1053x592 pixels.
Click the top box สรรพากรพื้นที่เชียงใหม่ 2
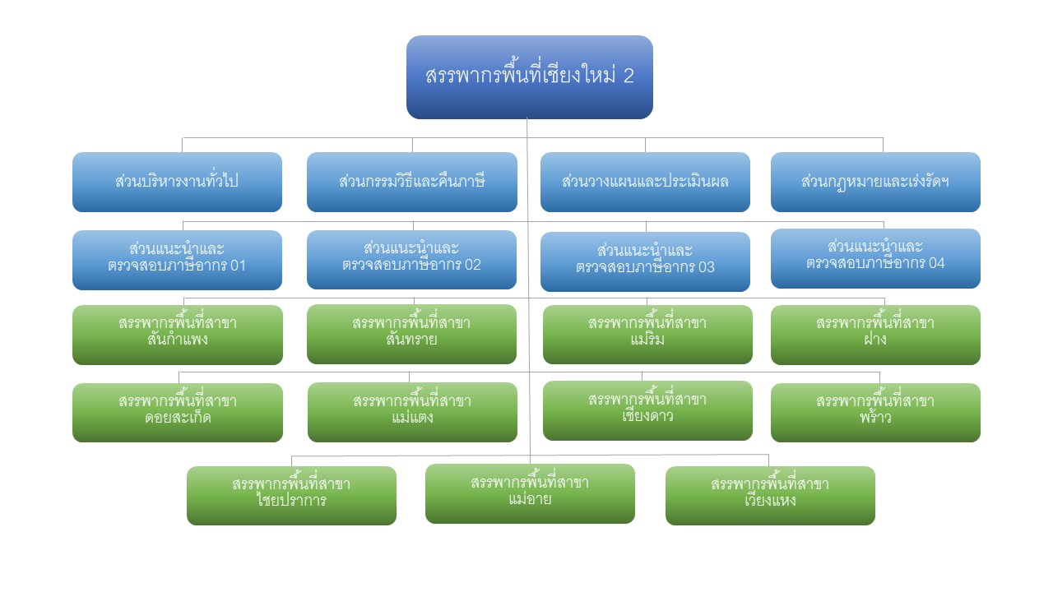coord(529,77)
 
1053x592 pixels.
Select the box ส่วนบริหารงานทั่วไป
coord(177,182)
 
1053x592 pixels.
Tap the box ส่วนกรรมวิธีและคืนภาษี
coord(412,182)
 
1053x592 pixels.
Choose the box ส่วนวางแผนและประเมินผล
coord(645,182)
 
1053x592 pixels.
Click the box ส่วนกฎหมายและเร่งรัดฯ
coord(875,182)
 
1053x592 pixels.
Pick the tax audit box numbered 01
coord(177,260)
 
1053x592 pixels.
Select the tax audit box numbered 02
coord(412,259)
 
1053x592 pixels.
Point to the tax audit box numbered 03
coord(645,261)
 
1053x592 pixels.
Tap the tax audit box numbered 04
coord(875,258)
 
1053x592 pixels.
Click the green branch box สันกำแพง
coord(178,335)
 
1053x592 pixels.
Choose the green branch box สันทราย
coord(412,334)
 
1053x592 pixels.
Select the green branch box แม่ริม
coord(647,334)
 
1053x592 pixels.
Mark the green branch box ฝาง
coord(875,335)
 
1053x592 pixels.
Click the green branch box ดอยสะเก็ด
coord(178,413)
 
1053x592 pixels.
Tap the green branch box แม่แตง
coord(412,412)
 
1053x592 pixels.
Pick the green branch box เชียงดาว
coord(647,410)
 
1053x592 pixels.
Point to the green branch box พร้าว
coord(875,413)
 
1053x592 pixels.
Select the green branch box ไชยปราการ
coord(291,496)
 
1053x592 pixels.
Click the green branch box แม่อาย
coord(530,493)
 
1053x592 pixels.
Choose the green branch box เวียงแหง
coord(770,496)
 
